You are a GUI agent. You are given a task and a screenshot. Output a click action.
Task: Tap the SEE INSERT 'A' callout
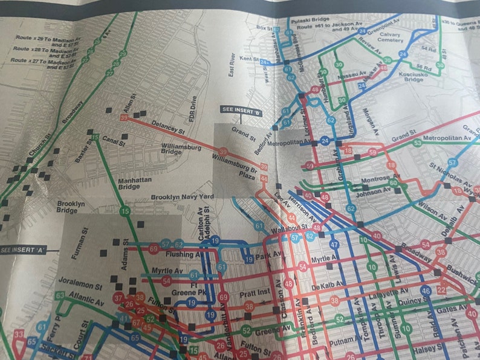(x=25, y=249)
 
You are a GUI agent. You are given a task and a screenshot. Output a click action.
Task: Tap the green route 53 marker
(x=417, y=143)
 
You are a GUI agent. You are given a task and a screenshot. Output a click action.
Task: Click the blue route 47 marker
(x=334, y=245)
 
